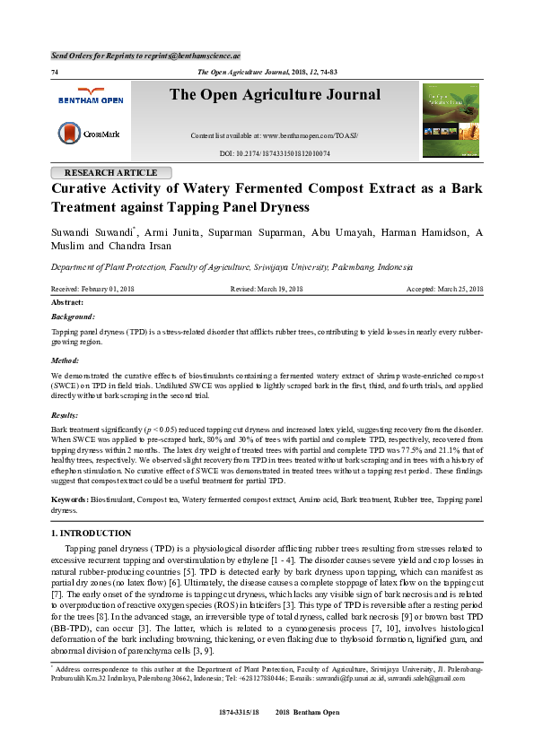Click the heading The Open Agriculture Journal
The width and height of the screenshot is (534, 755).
click(x=275, y=95)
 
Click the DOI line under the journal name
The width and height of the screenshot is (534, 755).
click(x=275, y=153)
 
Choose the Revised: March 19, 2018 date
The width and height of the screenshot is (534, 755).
click(x=267, y=289)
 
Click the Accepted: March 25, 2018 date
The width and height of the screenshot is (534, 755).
click(x=445, y=289)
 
